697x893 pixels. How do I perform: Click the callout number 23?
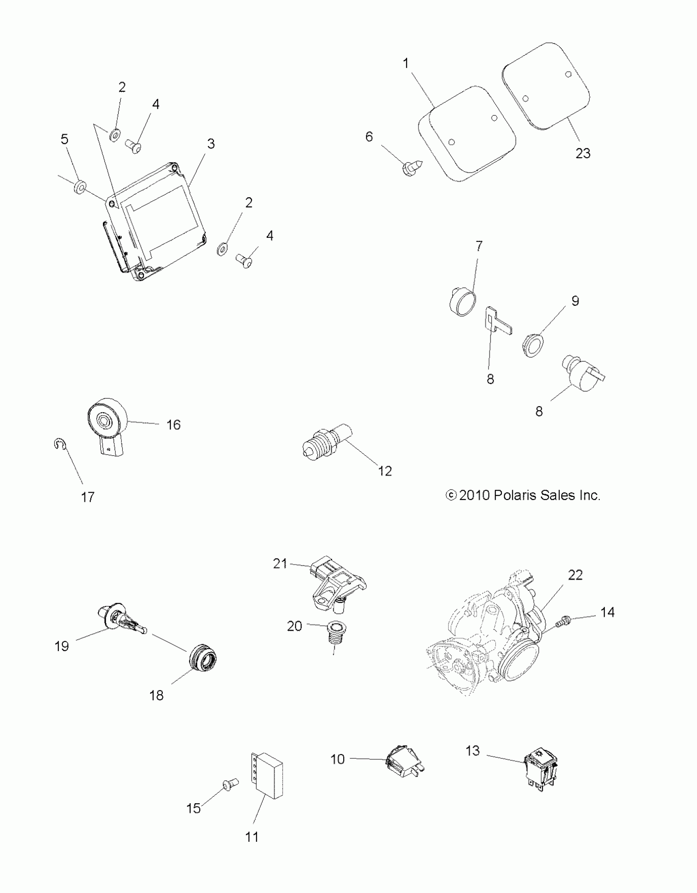pyautogui.click(x=583, y=153)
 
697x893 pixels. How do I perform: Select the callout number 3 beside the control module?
pyautogui.click(x=211, y=144)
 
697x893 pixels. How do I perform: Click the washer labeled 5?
pyautogui.click(x=80, y=188)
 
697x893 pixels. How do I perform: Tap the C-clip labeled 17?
pyautogui.click(x=58, y=444)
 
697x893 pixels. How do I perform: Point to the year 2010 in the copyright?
pyautogui.click(x=474, y=495)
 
